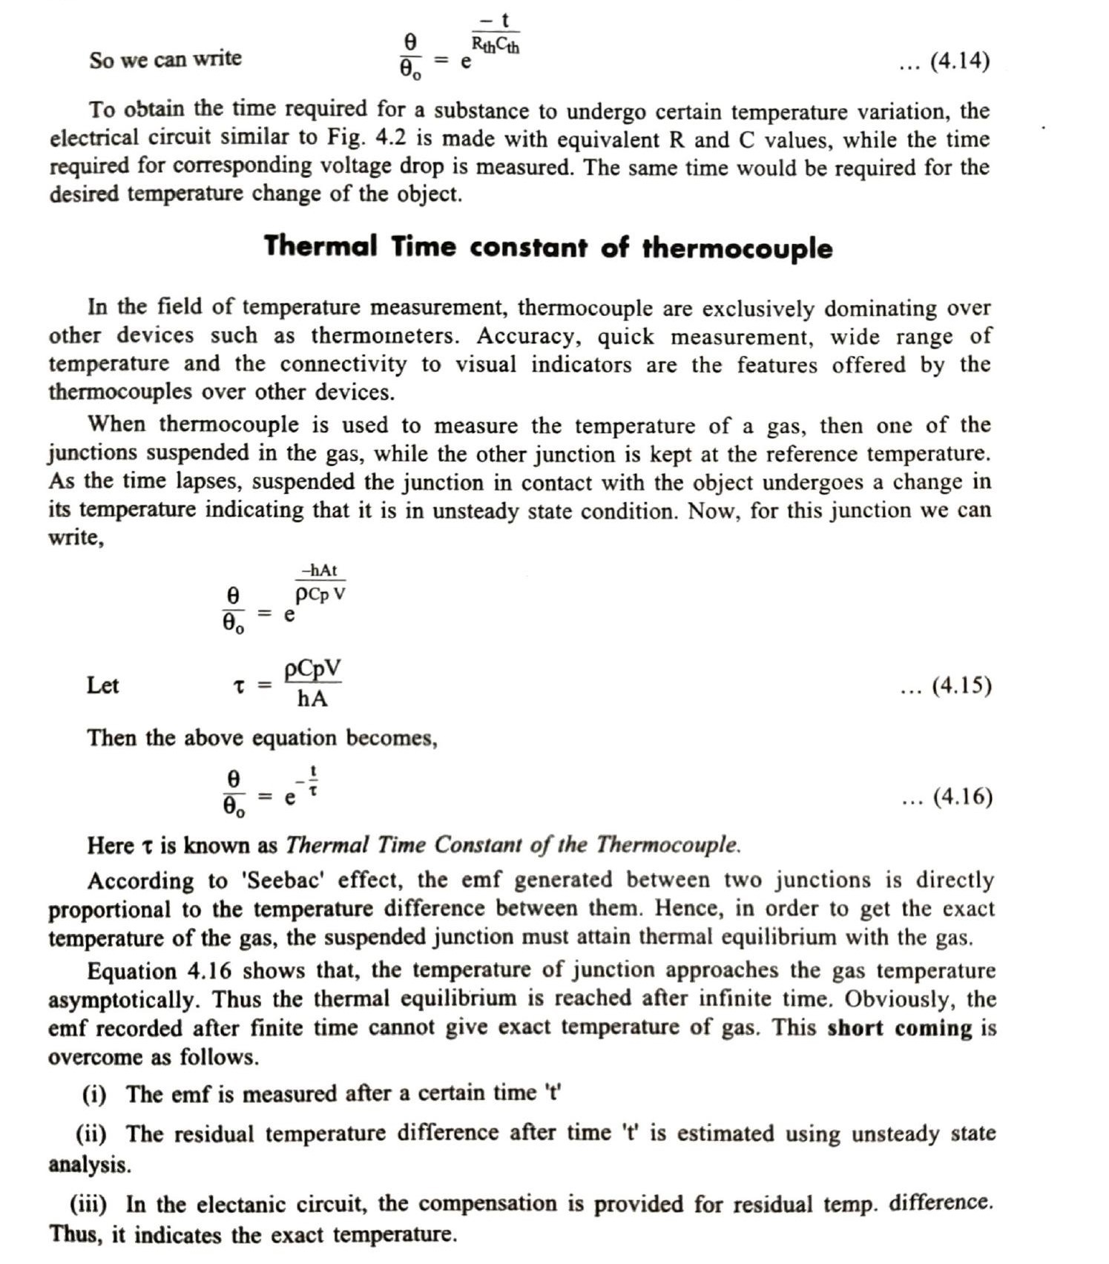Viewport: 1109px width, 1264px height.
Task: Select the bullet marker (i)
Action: click(x=94, y=1093)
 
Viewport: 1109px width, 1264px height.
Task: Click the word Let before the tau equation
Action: click(x=102, y=685)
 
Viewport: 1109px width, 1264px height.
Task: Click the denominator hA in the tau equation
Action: click(x=312, y=698)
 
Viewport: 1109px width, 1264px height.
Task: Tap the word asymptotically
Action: click(x=123, y=1000)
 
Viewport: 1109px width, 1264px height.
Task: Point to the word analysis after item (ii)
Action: click(x=90, y=1165)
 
